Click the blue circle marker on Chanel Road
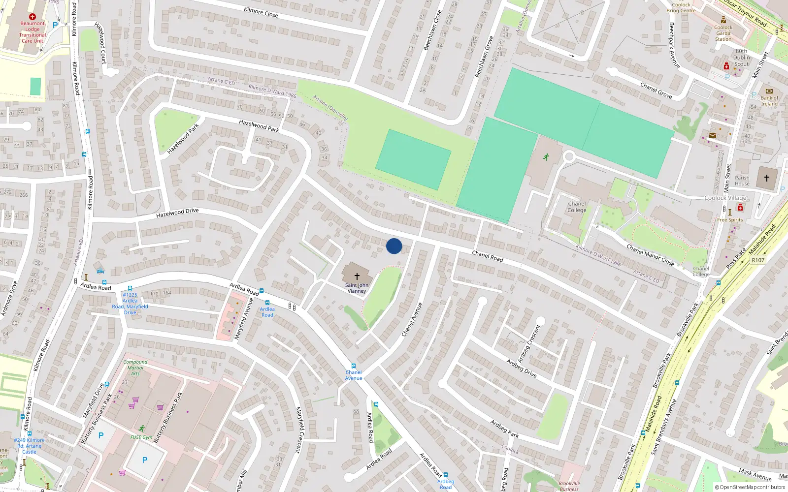tap(394, 246)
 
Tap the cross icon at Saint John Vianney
tap(357, 277)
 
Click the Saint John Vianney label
tap(357, 288)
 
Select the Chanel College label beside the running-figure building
tap(577, 207)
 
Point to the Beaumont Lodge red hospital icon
tap(33, 17)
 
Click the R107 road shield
tap(758, 260)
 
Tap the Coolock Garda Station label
tap(723, 33)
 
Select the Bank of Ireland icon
tap(769, 91)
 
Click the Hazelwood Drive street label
tap(177, 213)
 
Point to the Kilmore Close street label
tap(261, 12)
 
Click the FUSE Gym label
tap(141, 437)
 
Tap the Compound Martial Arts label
tap(135, 368)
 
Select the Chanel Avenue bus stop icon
tap(353, 366)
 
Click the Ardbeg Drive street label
tap(521, 368)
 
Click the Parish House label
tap(742, 181)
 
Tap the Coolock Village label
tap(725, 198)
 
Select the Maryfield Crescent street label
tap(298, 430)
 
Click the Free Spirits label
tap(730, 220)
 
